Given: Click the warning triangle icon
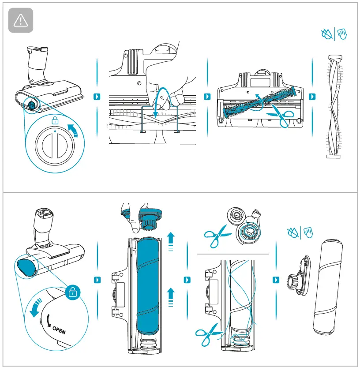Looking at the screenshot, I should click(x=21, y=21).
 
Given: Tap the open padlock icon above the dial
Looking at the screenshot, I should click(x=55, y=120).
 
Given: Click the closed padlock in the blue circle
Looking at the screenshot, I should click(x=71, y=292).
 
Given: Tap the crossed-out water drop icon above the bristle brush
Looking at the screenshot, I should click(x=326, y=34).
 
